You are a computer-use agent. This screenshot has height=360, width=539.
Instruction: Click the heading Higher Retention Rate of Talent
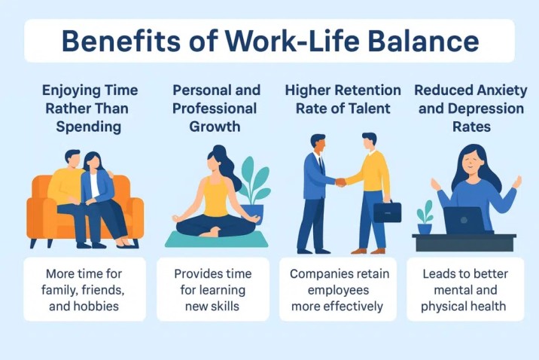pos(338,99)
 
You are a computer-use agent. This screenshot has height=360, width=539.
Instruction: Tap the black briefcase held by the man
pos(387,212)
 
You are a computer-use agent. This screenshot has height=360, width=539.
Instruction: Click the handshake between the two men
pos(341,182)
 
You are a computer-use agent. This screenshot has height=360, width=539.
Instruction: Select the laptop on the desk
pos(464,221)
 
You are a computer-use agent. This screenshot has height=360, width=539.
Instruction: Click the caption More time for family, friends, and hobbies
pos(85,290)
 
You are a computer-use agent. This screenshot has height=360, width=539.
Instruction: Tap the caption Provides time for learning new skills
pos(212,290)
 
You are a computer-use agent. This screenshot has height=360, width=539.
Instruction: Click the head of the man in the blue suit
pos(318,144)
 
